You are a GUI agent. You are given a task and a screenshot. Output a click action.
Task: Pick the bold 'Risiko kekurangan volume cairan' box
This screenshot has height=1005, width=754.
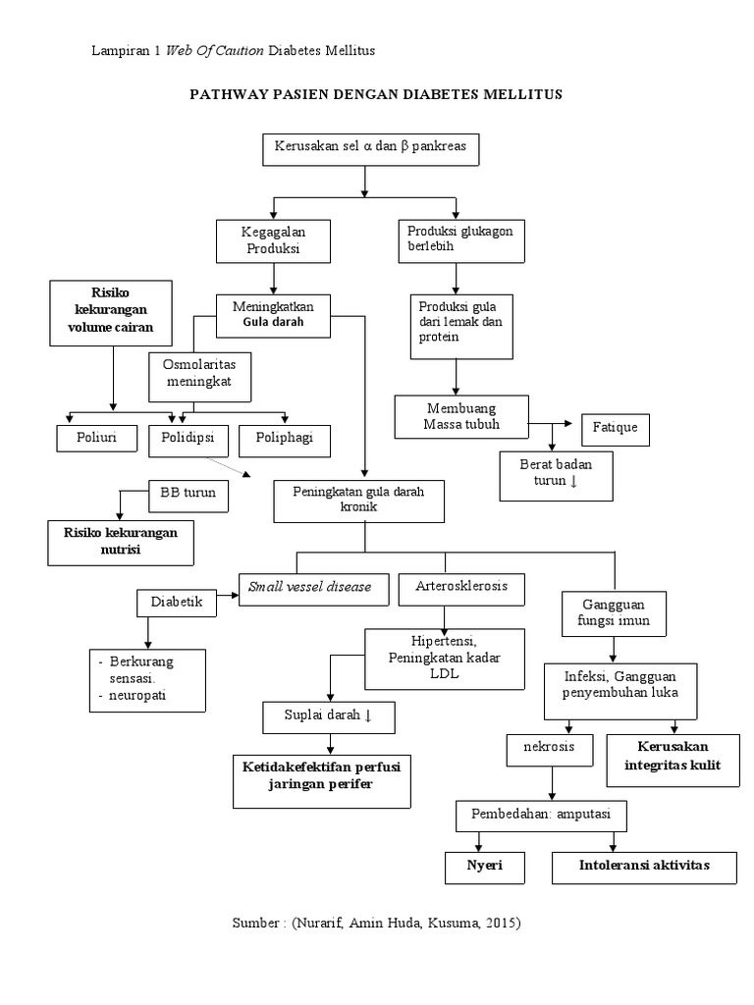click(x=111, y=312)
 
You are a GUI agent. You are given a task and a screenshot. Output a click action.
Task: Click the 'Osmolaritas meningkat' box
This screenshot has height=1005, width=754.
click(x=199, y=373)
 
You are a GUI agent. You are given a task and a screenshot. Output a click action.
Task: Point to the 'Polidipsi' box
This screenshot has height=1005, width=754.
click(x=189, y=440)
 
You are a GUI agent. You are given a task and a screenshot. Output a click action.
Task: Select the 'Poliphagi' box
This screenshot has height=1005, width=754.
click(x=284, y=440)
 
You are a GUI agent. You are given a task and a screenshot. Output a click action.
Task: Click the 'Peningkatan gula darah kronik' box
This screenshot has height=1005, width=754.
click(x=359, y=502)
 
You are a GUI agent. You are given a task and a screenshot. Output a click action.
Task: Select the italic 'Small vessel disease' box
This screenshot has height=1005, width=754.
click(x=310, y=587)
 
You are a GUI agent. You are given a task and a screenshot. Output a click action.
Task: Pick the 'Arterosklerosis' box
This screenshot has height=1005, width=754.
click(x=461, y=588)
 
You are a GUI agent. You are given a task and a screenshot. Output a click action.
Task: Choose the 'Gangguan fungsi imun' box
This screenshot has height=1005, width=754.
click(x=615, y=612)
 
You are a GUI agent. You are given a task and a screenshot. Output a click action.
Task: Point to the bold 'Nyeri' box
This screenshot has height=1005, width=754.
click(x=481, y=867)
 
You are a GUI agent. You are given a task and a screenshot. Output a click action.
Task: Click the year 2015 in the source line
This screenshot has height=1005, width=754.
click(x=499, y=924)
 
